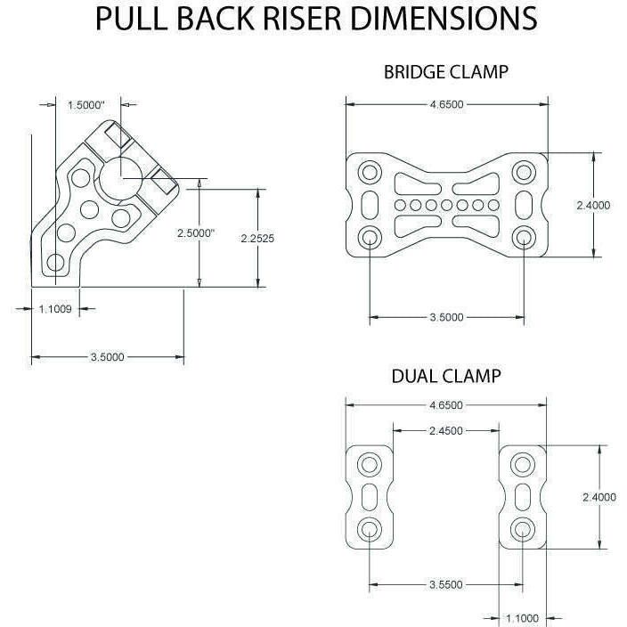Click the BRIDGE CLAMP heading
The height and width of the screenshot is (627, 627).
point(445,72)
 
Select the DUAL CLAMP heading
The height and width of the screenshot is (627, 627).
point(445,376)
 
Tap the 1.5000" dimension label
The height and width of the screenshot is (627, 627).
point(86,105)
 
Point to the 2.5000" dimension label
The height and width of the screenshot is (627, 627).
point(197,233)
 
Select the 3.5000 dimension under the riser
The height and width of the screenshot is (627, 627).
point(107,357)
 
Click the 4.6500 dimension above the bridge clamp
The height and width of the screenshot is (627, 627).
point(445,104)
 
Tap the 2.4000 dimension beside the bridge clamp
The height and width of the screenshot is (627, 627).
point(593,205)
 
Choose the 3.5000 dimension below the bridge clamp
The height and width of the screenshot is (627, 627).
point(445,317)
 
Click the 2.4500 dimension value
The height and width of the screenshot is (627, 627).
point(445,430)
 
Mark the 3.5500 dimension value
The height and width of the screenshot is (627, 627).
point(445,585)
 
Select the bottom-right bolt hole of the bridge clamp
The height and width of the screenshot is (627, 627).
point(523,237)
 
